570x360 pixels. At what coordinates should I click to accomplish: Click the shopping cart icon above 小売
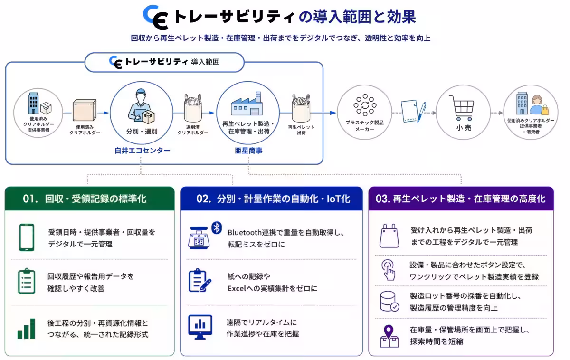pyautogui.click(x=462, y=108)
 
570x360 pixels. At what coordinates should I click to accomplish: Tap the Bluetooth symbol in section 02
pyautogui.click(x=217, y=227)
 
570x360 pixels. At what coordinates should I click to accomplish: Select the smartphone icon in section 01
pyautogui.click(x=27, y=237)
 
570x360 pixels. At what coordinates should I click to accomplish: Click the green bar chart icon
pyautogui.click(x=27, y=329)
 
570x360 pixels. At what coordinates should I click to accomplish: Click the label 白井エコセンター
pyautogui.click(x=142, y=151)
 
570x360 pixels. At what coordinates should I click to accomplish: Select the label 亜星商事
pyautogui.click(x=248, y=151)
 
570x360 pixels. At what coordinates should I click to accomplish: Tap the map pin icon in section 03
pyautogui.click(x=389, y=336)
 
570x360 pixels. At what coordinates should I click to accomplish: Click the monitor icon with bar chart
pyautogui.click(x=200, y=327)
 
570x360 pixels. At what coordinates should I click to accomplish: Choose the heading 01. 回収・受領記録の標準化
pyautogui.click(x=85, y=199)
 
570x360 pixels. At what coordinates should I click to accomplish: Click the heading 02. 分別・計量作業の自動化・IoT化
pyautogui.click(x=273, y=199)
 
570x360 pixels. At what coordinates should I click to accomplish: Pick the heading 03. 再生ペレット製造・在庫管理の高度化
pyautogui.click(x=460, y=199)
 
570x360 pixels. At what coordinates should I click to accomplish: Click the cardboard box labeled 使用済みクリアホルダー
pyautogui.click(x=85, y=110)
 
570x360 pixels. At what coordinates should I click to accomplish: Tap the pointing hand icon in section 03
pyautogui.click(x=389, y=270)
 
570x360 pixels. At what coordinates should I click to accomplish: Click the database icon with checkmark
pyautogui.click(x=389, y=302)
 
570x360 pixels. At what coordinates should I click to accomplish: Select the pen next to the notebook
pyautogui.click(x=421, y=112)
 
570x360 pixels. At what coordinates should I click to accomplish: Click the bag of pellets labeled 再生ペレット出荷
pyautogui.click(x=301, y=108)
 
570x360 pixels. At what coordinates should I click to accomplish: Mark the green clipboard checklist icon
pyautogui.click(x=27, y=281)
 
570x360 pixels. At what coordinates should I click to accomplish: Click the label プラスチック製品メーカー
pyautogui.click(x=364, y=126)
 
